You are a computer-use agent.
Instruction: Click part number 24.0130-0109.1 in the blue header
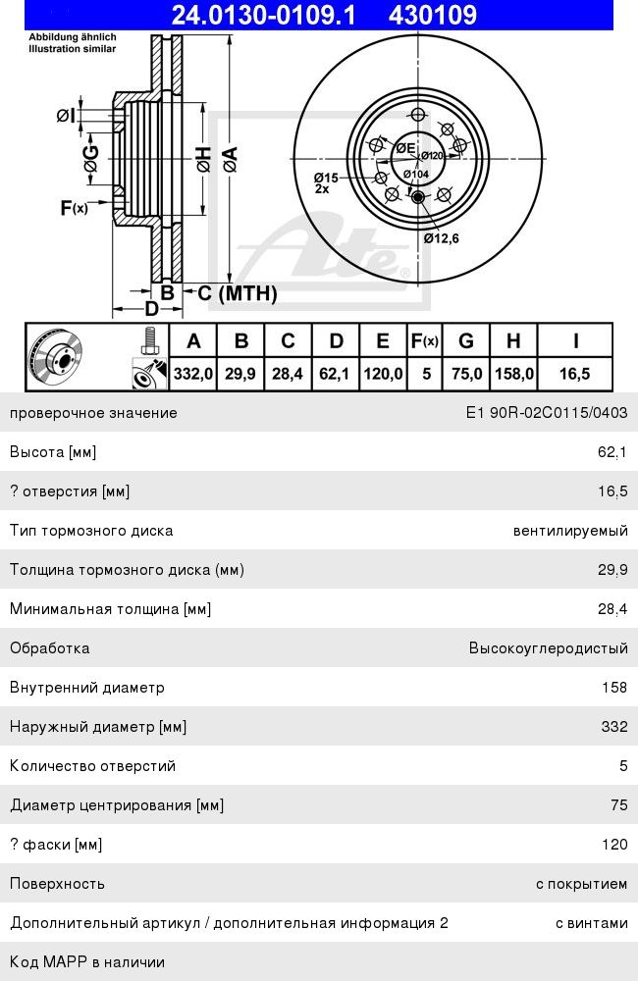tap(264, 14)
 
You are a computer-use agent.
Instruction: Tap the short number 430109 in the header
tap(433, 14)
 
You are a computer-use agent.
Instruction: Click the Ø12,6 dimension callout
tap(441, 237)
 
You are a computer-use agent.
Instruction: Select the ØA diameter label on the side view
tap(230, 159)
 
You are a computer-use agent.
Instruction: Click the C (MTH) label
tap(238, 292)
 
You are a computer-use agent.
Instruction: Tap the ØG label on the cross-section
tap(91, 158)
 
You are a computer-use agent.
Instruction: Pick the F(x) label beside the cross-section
tap(74, 207)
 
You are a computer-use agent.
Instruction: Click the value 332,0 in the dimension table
tap(192, 374)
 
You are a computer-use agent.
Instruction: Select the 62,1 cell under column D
tap(335, 374)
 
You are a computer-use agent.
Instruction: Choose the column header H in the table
tap(513, 341)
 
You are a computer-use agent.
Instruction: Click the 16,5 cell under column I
tap(575, 374)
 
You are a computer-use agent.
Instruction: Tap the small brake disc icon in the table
tap(56, 357)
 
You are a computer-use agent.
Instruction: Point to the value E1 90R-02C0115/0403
tap(547, 413)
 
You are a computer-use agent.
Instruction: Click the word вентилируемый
tap(570, 531)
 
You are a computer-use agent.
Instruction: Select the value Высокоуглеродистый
tap(549, 648)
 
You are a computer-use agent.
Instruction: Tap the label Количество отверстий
tap(92, 766)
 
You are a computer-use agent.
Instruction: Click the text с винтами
tap(592, 923)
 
